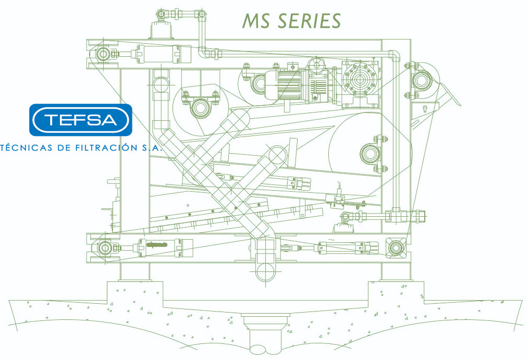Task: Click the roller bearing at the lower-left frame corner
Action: coord(104,247)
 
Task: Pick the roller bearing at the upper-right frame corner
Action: coord(421,80)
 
